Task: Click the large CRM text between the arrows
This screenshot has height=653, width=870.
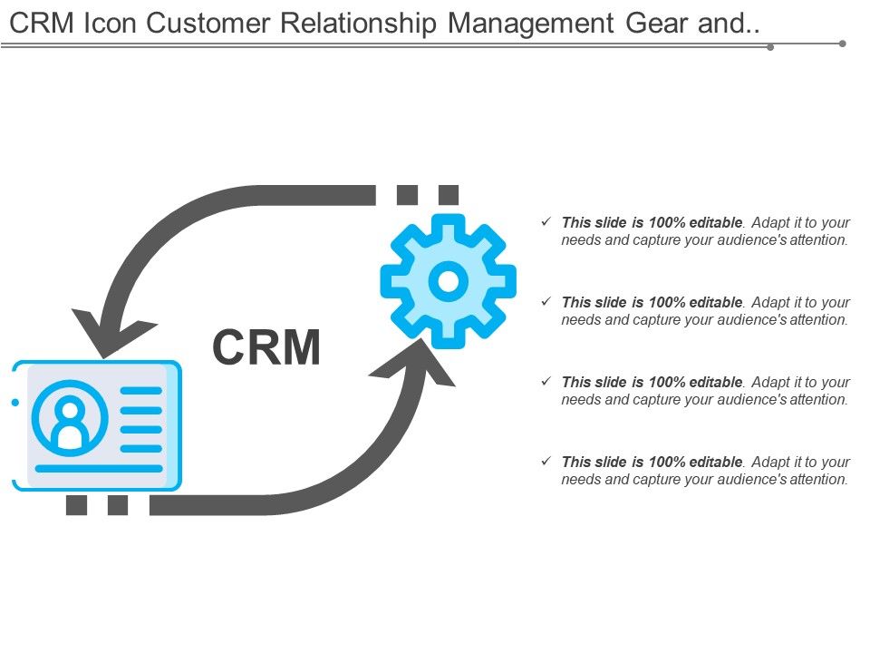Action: point(266,347)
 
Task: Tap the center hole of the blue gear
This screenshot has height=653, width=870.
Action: point(448,281)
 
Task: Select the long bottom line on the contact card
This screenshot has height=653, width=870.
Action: point(96,468)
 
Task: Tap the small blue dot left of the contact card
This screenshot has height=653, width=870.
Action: point(14,402)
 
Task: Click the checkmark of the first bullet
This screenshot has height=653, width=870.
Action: point(545,221)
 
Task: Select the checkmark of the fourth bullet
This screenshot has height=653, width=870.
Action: point(545,462)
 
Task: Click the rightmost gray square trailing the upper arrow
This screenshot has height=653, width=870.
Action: point(449,195)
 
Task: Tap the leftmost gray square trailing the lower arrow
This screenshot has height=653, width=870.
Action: point(77,505)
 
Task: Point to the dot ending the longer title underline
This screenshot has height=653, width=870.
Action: point(843,43)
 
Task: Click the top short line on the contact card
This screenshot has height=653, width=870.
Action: point(141,390)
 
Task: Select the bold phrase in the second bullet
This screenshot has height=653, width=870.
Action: point(652,302)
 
